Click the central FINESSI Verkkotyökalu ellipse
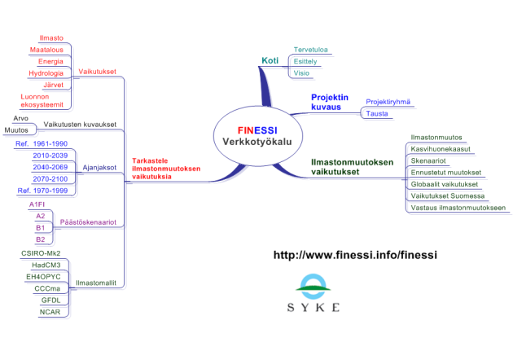(256, 135)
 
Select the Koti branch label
(270, 60)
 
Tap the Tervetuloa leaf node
(311, 49)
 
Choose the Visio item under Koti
(301, 73)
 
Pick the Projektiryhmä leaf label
(388, 102)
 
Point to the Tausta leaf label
(377, 114)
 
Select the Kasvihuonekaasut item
(442, 149)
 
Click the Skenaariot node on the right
(431, 160)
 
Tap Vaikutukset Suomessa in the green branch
(448, 195)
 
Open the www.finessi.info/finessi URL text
(355, 255)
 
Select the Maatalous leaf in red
(46, 50)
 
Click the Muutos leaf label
(16, 130)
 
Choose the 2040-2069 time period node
(51, 166)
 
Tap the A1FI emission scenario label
(37, 204)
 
